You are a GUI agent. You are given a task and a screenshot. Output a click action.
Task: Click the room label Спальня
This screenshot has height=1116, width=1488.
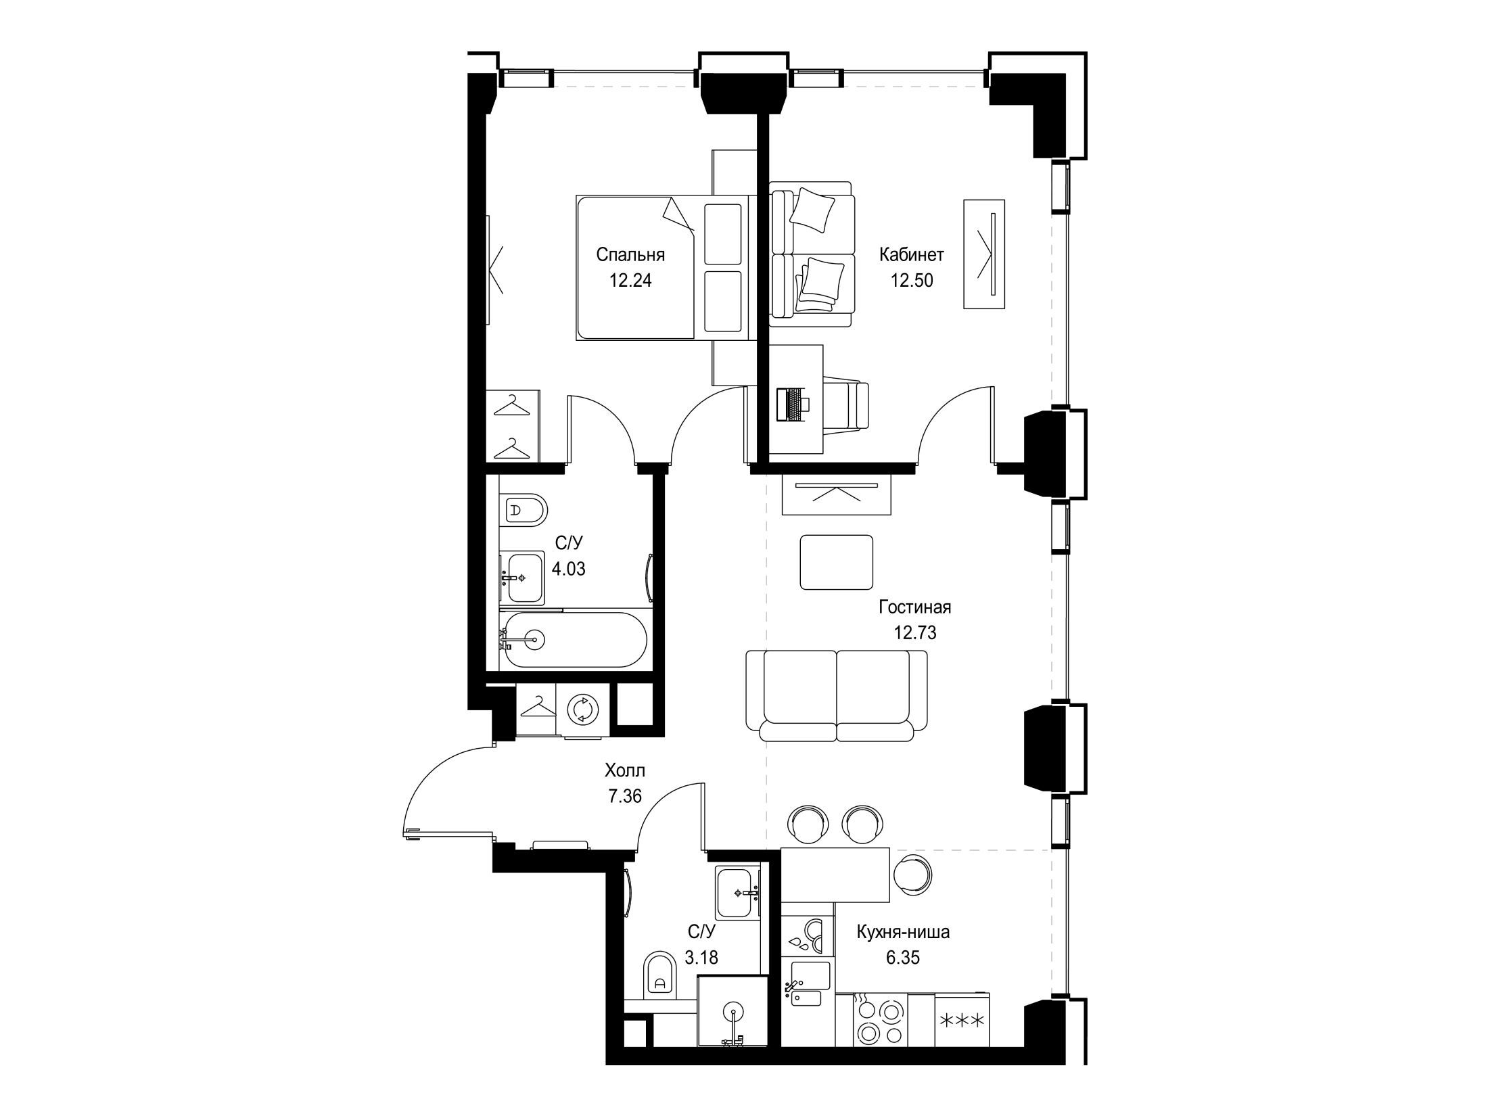(630, 255)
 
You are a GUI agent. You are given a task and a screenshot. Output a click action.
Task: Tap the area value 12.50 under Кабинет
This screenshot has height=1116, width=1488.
(911, 280)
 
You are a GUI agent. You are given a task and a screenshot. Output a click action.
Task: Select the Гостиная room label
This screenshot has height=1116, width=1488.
(915, 607)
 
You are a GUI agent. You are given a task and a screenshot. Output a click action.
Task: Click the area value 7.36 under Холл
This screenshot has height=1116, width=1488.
(625, 796)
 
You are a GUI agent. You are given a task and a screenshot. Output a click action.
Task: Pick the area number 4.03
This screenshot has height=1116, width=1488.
(569, 569)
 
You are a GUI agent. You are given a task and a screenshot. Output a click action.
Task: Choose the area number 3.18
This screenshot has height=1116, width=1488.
(701, 958)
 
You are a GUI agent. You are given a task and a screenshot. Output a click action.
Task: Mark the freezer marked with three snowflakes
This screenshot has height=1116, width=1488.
(961, 1020)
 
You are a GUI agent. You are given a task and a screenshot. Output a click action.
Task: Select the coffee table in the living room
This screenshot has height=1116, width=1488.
(837, 562)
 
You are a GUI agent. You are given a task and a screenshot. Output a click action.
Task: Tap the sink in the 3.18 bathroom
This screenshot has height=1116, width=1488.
(739, 893)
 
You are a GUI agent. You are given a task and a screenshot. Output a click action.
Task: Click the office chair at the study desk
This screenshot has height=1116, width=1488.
(845, 404)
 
